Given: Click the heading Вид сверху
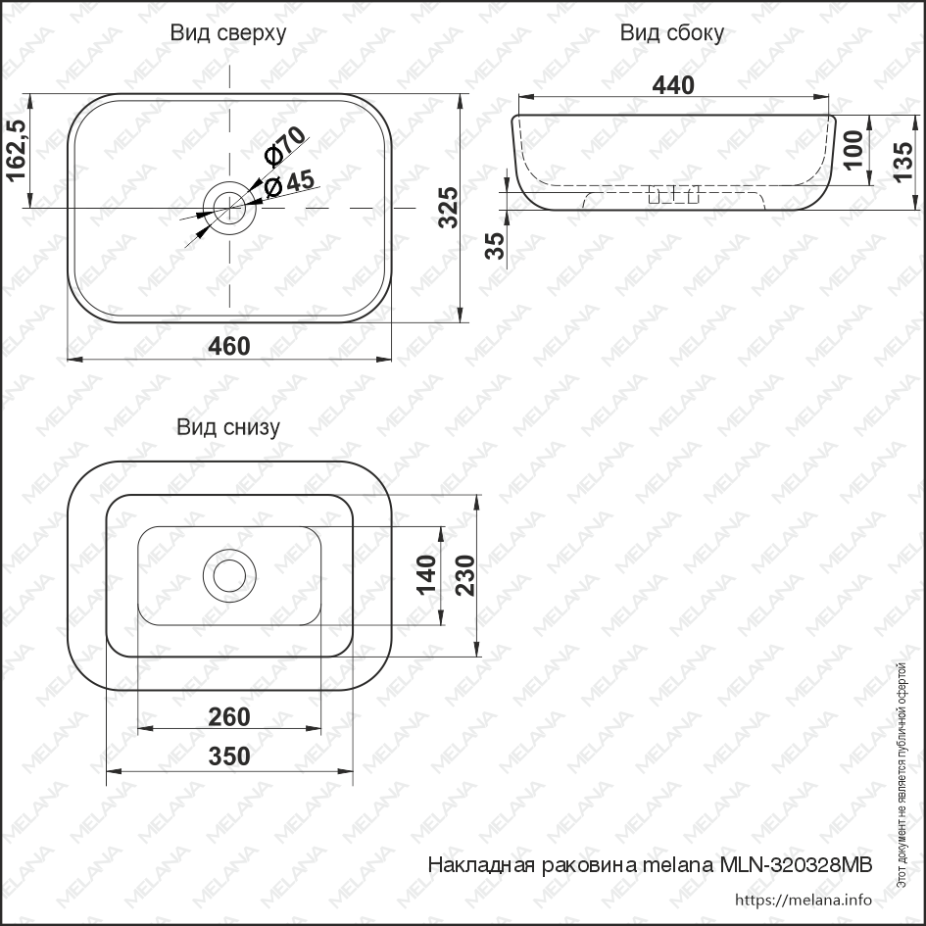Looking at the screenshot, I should point(227,33).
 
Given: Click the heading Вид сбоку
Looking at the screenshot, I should point(671,33).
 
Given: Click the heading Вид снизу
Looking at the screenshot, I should point(227,427).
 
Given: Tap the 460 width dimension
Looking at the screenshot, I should point(228,346).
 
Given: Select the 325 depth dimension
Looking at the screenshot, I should point(447,208).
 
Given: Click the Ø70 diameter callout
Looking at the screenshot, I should point(285,147).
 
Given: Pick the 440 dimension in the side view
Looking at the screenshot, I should point(672,85).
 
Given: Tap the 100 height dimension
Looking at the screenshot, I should point(853,149).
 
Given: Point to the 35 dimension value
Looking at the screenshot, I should point(497,245).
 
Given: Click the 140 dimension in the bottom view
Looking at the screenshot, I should point(425,574).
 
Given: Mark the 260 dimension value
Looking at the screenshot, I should point(229,717).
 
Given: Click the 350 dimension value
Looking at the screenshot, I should point(229,756).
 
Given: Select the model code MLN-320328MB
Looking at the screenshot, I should point(795,865).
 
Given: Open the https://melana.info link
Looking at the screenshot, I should point(803,900).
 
